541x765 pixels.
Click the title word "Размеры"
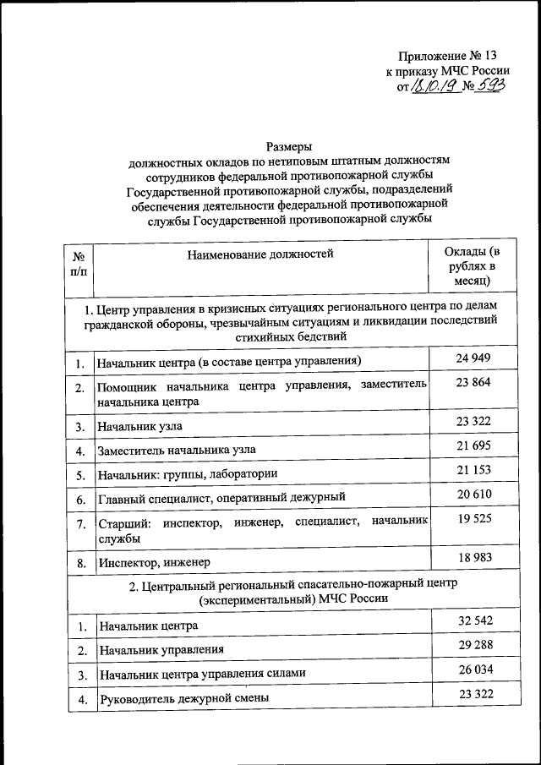click(290, 145)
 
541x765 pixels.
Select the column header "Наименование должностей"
click(260, 254)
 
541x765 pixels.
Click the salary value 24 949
click(473, 358)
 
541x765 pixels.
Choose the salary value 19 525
click(473, 519)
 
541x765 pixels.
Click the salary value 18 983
click(473, 557)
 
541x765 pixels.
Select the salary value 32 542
click(473, 621)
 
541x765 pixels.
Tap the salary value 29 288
click(473, 646)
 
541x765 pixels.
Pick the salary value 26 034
click(473, 669)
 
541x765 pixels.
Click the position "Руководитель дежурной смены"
click(183, 698)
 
